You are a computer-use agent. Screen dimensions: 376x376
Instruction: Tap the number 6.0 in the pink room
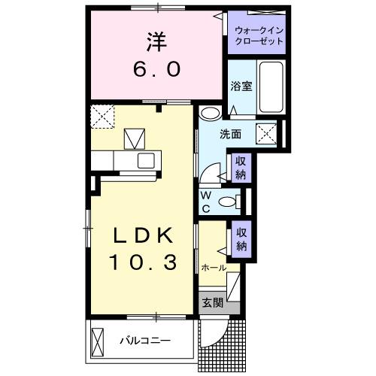(x=157, y=70)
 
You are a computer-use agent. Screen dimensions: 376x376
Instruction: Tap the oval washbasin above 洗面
(x=210, y=114)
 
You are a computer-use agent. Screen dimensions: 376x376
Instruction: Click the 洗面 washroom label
(x=230, y=134)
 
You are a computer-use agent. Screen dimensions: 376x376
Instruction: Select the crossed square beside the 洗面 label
(x=266, y=135)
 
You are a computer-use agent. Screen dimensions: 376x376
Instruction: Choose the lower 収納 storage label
(x=241, y=241)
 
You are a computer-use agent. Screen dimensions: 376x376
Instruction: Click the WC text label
(x=205, y=202)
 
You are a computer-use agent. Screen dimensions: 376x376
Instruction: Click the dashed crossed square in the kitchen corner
(x=102, y=116)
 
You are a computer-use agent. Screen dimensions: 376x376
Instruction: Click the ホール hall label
(x=214, y=268)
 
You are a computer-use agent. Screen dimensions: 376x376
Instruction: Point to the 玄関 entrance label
(x=212, y=303)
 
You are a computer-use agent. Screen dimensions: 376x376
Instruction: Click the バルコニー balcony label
(x=145, y=341)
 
